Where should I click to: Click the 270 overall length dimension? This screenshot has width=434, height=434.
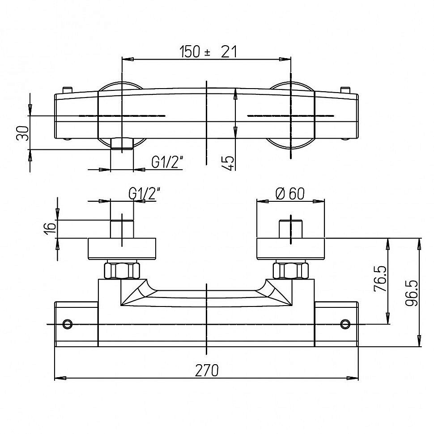(x=207, y=370)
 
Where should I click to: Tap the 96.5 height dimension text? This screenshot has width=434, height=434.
(x=412, y=293)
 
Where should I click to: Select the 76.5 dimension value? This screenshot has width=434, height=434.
(x=380, y=278)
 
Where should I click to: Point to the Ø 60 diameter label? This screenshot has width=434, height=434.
(x=290, y=193)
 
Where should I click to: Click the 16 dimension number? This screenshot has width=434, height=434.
(x=50, y=228)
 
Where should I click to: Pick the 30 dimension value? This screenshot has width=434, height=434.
(x=23, y=133)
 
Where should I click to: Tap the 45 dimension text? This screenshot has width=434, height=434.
(x=228, y=163)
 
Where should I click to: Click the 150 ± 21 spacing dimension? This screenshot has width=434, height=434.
(x=208, y=52)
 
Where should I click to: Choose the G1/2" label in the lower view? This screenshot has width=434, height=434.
(x=145, y=193)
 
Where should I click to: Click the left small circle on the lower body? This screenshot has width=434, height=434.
(x=68, y=323)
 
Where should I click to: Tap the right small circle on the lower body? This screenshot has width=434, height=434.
(x=345, y=323)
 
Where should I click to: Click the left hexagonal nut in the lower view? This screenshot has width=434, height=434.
(x=122, y=270)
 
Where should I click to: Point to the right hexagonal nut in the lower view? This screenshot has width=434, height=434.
(x=291, y=270)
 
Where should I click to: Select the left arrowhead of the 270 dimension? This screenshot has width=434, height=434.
(x=60, y=378)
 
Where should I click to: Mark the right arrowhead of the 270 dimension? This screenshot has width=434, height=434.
(x=353, y=378)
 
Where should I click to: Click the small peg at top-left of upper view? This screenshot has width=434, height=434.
(x=68, y=90)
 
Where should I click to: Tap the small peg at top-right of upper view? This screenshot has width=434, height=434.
(x=345, y=90)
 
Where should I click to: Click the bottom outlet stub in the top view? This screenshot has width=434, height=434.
(x=122, y=144)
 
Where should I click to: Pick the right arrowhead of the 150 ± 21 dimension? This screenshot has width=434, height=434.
(x=285, y=59)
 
